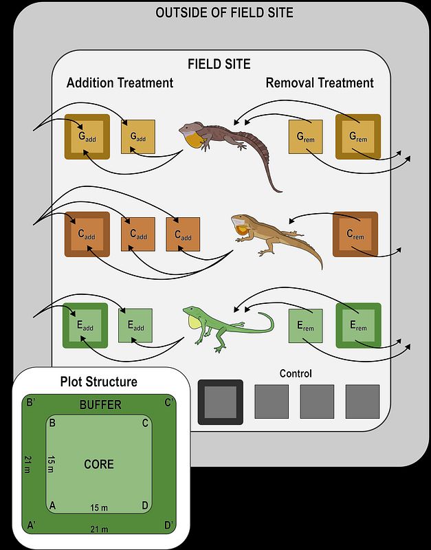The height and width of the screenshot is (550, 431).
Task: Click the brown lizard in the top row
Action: (234, 141)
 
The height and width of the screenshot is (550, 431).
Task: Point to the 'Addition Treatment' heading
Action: (120, 83)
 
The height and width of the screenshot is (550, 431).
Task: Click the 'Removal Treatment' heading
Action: (320, 83)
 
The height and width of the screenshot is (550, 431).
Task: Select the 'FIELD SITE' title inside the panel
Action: (219, 65)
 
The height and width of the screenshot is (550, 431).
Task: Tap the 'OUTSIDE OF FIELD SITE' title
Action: (224, 13)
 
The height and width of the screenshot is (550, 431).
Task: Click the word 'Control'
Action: (296, 374)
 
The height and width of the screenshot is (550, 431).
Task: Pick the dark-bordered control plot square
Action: (220, 401)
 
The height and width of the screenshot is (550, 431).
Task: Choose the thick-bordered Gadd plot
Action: (87, 136)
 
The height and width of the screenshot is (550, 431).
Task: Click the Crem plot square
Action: (355, 234)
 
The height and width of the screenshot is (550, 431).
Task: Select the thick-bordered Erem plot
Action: (358, 324)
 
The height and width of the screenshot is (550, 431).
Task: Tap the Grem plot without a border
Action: (304, 137)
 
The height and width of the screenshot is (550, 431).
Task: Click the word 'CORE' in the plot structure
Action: (99, 464)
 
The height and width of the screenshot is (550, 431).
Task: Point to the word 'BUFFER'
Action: (100, 405)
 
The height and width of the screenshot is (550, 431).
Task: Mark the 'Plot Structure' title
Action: (99, 382)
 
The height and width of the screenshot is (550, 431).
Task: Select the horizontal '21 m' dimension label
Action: (100, 529)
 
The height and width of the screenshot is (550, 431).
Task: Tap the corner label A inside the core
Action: (52, 505)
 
